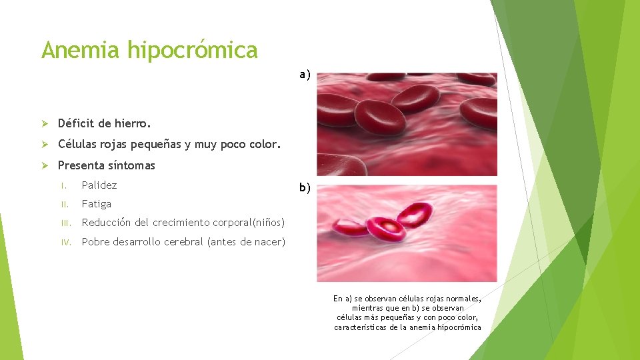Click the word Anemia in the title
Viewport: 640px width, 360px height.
(81, 50)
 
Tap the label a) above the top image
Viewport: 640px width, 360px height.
(305, 75)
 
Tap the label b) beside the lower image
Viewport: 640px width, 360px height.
(305, 188)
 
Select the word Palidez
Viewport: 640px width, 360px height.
(99, 185)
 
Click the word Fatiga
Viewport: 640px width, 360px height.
(96, 203)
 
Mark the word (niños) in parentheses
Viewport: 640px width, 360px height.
(265, 223)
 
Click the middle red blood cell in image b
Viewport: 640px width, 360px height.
(386, 227)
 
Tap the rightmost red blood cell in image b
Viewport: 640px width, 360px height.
(414, 215)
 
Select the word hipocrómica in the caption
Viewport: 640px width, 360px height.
(457, 327)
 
